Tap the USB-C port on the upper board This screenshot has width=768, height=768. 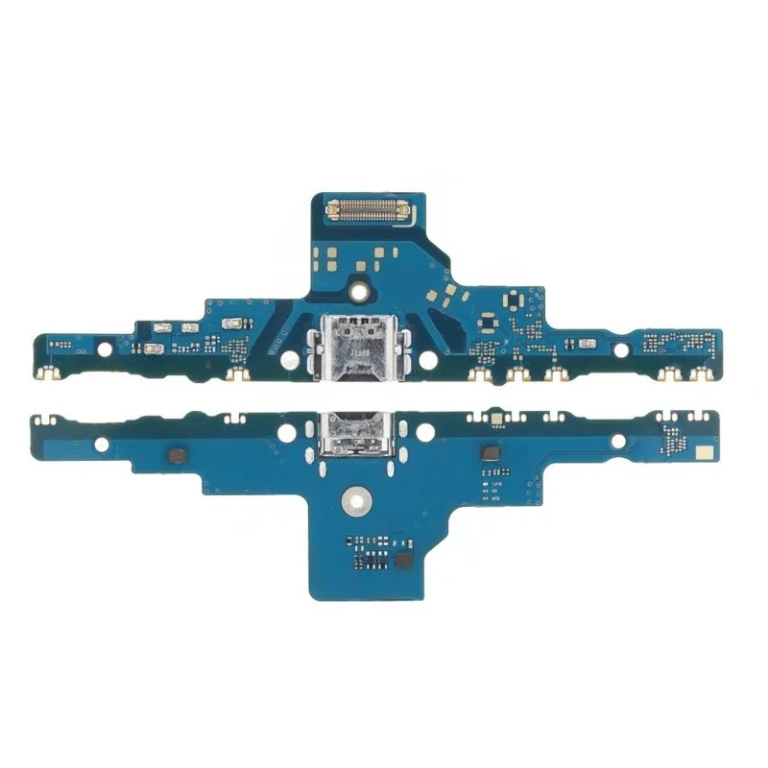(x=356, y=345)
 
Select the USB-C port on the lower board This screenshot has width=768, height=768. (x=356, y=431)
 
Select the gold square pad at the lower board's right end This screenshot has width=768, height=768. (x=704, y=450)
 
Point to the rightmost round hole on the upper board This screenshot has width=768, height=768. (x=623, y=343)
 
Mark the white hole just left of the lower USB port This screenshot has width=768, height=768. (x=285, y=433)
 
